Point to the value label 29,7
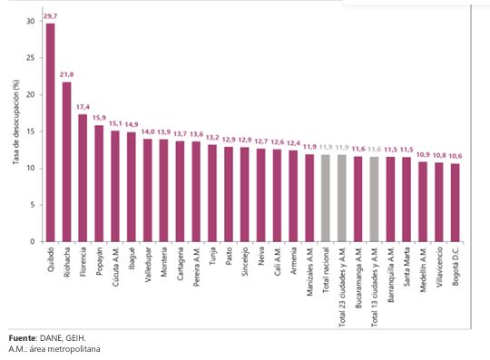[50, 15]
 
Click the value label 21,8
[66, 74]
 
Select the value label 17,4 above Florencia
[83, 107]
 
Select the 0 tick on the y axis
[32, 241]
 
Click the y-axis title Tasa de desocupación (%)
[15, 131]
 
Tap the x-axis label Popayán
[99, 265]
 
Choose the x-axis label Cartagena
[180, 268]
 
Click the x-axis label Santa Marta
[407, 269]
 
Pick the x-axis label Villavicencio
[439, 271]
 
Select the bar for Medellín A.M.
[423, 201]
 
